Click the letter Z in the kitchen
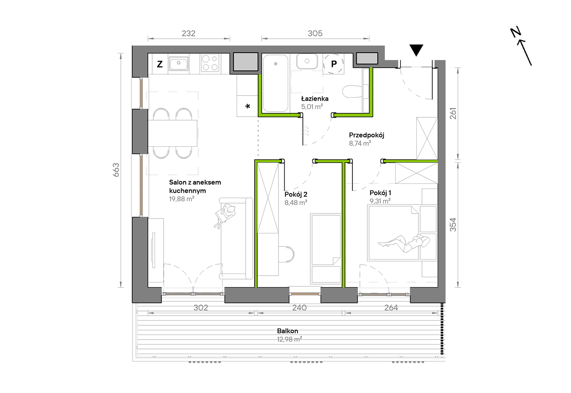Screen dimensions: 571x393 pos(160,64)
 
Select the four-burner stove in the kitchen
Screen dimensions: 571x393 pos(210,63)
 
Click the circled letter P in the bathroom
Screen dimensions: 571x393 pos(334,64)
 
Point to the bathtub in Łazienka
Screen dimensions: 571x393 pos(276,83)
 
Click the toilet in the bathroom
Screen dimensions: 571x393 pos(353,91)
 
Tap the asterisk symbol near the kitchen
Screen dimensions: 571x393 pos(248,106)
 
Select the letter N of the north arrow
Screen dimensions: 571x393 pos(516,32)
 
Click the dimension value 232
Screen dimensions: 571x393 pos(188,33)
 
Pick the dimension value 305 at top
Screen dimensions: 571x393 pos(315,33)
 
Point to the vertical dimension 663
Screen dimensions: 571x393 pos(116,170)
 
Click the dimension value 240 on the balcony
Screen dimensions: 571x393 pos(299,308)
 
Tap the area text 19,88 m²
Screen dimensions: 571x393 pos(182,199)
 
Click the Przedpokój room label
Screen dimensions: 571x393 pos(366,135)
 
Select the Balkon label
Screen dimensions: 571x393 pos(288,331)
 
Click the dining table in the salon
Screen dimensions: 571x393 pos(173,133)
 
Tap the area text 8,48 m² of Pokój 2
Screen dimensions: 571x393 pos(296,203)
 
